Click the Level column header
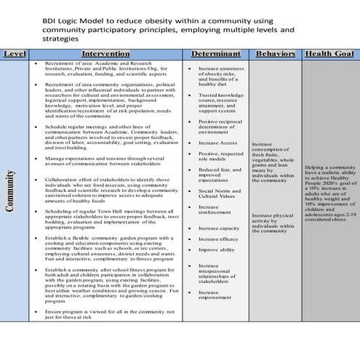[15, 54]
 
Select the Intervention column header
[106, 54]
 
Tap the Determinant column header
[215, 54]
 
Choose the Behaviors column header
[276, 54]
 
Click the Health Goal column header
[329, 54]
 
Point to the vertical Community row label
[11, 191]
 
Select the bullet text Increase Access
[217, 143]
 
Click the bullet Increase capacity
[219, 228]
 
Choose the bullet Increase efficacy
[218, 239]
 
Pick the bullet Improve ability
[216, 249]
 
